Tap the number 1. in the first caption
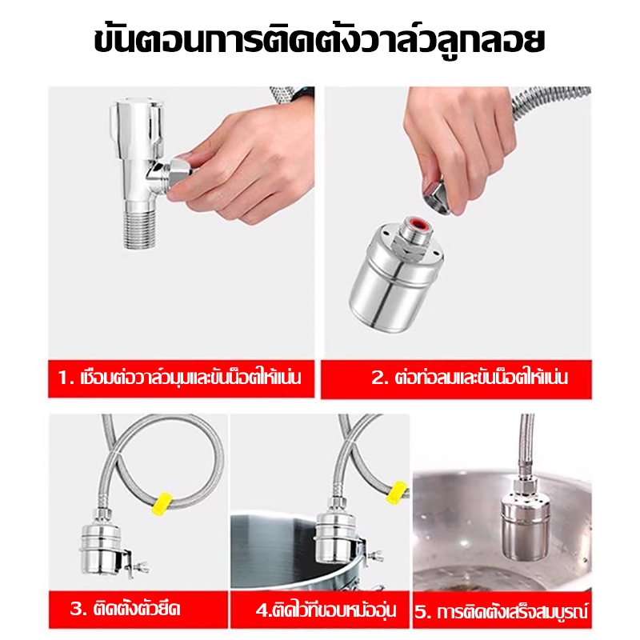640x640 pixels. tap(66, 377)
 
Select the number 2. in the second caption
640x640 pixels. tap(379, 377)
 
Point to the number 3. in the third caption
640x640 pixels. tap(78, 610)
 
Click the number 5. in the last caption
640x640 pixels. tap(424, 612)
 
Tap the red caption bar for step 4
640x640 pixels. tap(320, 610)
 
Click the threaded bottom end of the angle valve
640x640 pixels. tap(140, 226)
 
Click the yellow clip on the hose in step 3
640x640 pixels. tap(164, 503)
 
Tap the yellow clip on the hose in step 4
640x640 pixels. tap(399, 494)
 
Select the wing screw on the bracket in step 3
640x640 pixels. tap(140, 567)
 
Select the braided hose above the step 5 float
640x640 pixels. tap(526, 446)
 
